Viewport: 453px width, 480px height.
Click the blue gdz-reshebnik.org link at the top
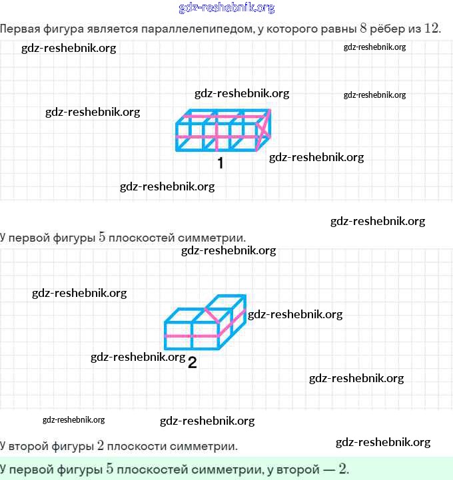tap(226, 7)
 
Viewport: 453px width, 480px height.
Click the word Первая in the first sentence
tap(20, 29)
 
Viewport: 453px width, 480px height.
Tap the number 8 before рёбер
tap(363, 29)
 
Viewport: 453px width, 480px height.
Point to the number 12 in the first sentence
tap(432, 29)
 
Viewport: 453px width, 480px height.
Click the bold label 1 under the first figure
tap(221, 163)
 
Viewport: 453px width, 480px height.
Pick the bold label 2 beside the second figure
tap(192, 362)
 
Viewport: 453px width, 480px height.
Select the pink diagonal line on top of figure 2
tap(211, 316)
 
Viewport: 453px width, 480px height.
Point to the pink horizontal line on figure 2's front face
tap(192, 336)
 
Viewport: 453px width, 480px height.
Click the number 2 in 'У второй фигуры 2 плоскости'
tap(100, 445)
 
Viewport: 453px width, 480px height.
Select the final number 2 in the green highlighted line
tap(342, 469)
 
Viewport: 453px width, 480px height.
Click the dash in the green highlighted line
tap(329, 469)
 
